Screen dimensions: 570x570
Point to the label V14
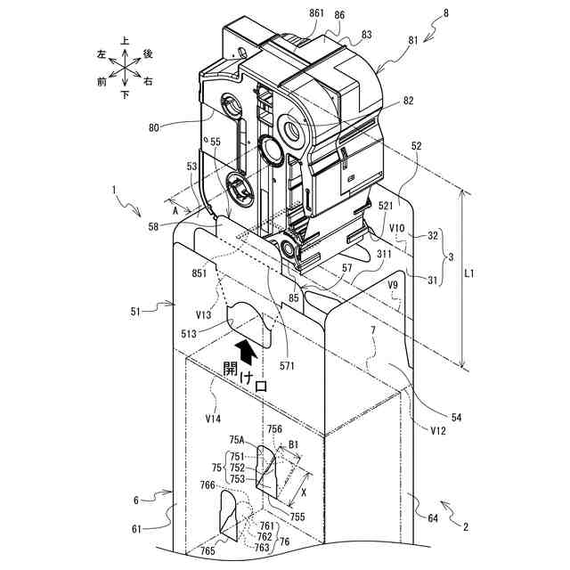click(x=214, y=416)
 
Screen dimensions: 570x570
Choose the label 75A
click(x=237, y=439)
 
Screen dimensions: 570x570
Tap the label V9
click(x=393, y=284)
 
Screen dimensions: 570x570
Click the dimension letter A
click(x=176, y=210)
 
